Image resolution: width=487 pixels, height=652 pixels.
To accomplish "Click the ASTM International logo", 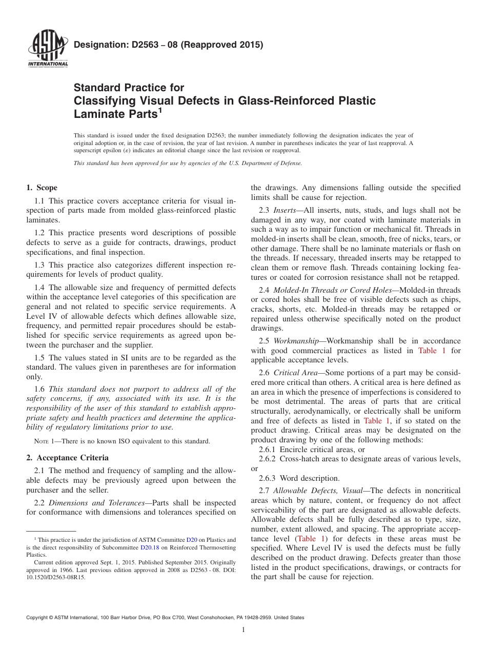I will click(x=48, y=49).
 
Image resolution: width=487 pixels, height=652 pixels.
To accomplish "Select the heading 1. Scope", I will click(x=42, y=188).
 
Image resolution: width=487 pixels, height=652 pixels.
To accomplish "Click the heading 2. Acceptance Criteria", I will click(x=67, y=458).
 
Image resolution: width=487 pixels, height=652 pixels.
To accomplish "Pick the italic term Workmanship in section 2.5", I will click(x=297, y=341).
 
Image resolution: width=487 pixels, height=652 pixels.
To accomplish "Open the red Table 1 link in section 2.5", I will click(x=428, y=351).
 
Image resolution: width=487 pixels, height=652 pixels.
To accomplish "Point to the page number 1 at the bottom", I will click(x=243, y=629).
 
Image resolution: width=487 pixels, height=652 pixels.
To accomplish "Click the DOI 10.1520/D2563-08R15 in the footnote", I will click(x=55, y=577).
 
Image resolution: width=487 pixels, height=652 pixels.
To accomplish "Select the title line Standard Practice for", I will click(x=129, y=88).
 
